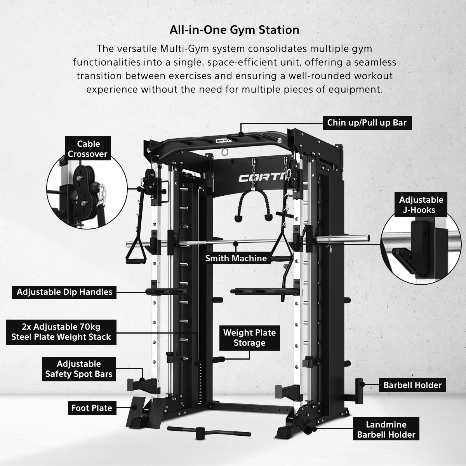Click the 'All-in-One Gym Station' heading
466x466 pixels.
(234, 30)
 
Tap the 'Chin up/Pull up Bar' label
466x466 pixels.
(367, 123)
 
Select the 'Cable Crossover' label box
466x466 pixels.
(88, 148)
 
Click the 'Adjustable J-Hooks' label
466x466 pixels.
(421, 205)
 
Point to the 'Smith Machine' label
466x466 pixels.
(236, 258)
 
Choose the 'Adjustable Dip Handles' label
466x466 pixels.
(64, 292)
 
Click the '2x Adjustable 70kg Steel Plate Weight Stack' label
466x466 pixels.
(61, 332)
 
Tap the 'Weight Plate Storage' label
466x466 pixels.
(250, 338)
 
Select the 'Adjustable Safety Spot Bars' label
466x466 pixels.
(79, 369)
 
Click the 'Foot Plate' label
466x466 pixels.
(92, 408)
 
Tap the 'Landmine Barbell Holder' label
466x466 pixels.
(386, 429)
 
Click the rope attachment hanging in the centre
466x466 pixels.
(254, 203)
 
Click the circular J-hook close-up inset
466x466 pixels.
(421, 249)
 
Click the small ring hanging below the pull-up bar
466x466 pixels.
(225, 152)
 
